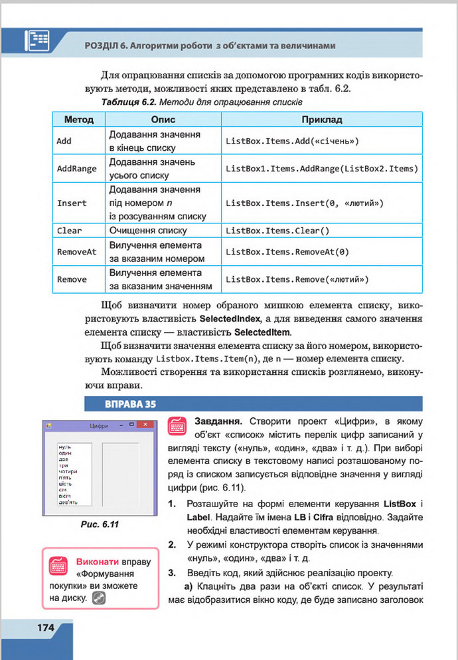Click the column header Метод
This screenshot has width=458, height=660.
(78, 120)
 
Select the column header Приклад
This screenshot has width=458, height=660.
(322, 120)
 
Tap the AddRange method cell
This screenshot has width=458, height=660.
(77, 169)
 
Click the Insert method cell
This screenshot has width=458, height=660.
(72, 203)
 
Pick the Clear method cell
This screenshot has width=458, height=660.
(69, 231)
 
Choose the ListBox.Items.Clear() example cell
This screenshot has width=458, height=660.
(277, 231)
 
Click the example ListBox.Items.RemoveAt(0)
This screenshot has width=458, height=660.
(287, 252)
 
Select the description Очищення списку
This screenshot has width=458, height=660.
(148, 231)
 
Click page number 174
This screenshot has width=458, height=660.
(37, 627)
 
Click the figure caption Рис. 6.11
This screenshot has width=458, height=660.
(99, 524)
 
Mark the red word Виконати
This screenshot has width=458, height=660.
(98, 560)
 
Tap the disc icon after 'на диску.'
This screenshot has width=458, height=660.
(100, 598)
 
